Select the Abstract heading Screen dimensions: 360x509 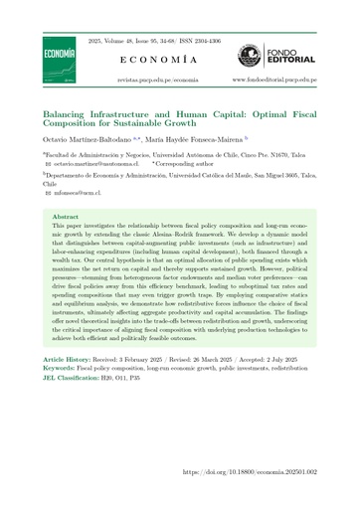click(x=65, y=215)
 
